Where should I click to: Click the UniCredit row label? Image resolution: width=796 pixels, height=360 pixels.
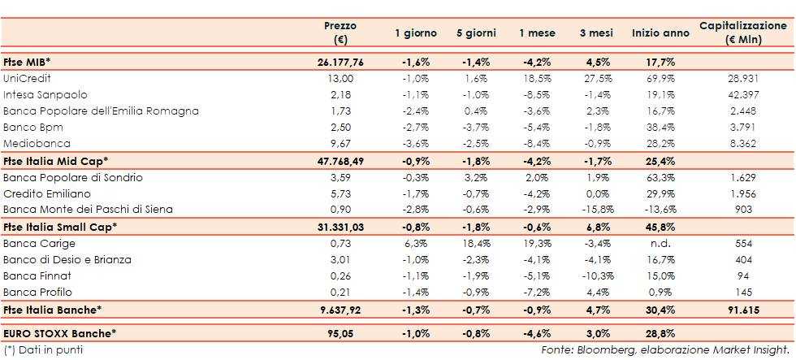(x=28, y=78)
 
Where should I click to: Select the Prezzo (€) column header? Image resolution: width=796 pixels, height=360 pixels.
(x=340, y=33)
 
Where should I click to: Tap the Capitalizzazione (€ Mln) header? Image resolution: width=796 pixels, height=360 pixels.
(x=743, y=33)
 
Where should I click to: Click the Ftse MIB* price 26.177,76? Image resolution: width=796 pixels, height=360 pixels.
(x=340, y=62)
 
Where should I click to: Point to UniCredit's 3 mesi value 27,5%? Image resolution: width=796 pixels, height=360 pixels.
(x=596, y=78)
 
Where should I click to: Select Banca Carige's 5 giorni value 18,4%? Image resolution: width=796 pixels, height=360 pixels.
(x=472, y=244)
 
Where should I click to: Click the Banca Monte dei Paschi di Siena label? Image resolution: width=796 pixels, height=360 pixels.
(x=88, y=209)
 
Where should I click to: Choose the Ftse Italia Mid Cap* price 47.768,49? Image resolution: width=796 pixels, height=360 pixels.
(x=340, y=160)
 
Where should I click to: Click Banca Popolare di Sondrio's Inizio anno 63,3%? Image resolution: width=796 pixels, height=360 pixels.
(x=655, y=176)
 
